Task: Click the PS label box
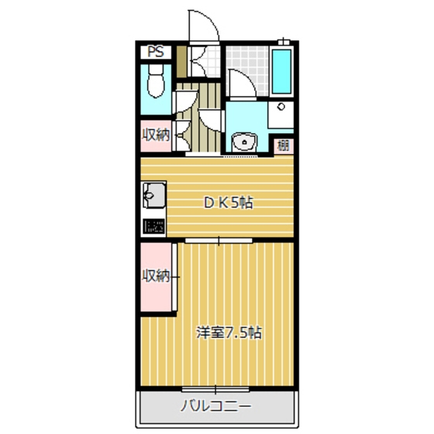pos(156,52)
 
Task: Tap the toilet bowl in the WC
pos(154,81)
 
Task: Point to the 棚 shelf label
pos(284,145)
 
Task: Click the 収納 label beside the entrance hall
pos(156,134)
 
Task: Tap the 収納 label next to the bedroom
pos(156,275)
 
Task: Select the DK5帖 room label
pos(228,203)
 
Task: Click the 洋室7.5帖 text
pos(229,334)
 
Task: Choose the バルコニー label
pos(216,405)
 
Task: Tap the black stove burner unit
pos(153,227)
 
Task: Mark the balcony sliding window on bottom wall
pos(217,387)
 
